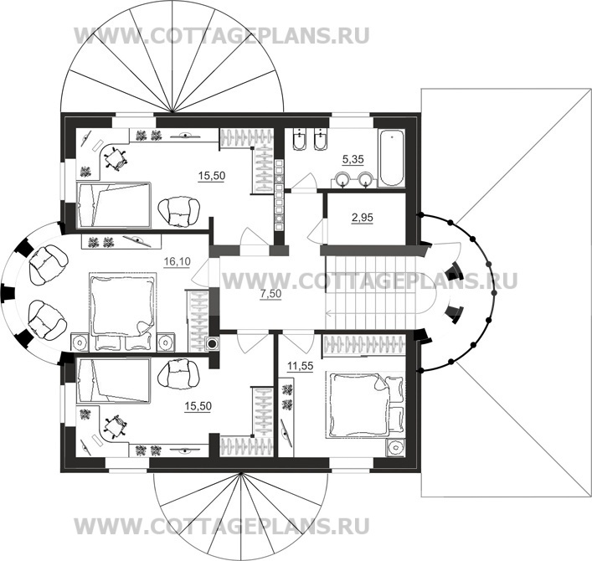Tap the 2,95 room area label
(362, 218)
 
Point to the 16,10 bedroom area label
(176, 261)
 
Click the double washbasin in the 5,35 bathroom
(355, 178)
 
